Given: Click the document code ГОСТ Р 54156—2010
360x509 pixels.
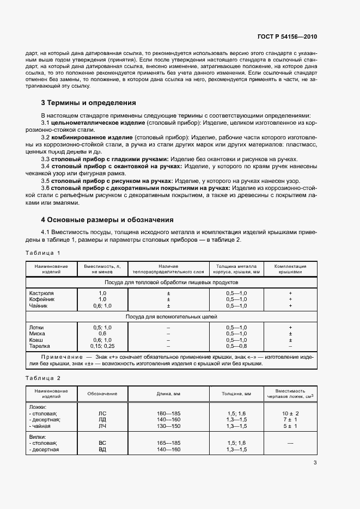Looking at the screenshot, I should coord(286,36).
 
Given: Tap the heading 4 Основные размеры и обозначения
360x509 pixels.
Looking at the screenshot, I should coord(107,220).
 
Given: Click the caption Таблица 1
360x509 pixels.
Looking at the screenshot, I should coord(42,253).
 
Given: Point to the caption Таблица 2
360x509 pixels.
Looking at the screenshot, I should coord(42,378).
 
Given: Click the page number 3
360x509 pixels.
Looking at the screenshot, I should coord(315,463).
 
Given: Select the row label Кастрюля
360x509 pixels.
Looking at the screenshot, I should coord(41,293).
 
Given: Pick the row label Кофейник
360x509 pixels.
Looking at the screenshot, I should coord(41,299).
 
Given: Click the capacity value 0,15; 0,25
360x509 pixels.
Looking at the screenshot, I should coord(102,346).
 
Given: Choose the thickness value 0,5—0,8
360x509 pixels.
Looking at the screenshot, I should coord(236,346).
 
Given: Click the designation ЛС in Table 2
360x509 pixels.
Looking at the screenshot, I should coord(102,413).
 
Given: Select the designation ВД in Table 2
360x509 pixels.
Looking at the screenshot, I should coord(102,450).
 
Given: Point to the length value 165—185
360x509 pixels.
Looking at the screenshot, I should coord(168,444).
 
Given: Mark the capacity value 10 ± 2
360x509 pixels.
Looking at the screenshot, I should coord(291,413).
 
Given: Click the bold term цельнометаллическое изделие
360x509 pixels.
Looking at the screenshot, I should coord(90,123).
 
